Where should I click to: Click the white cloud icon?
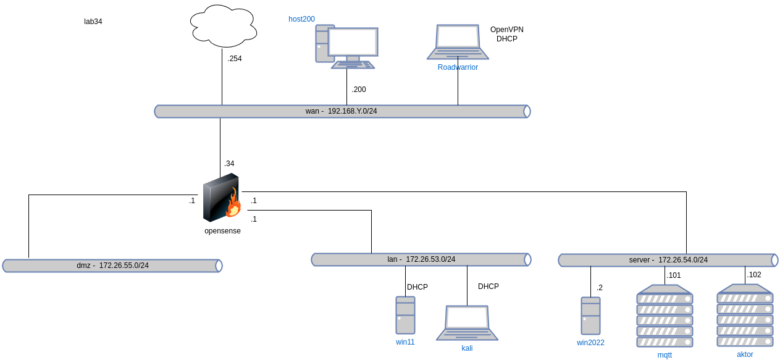(x=224, y=26)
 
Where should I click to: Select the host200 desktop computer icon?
(x=346, y=46)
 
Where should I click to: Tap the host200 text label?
(x=302, y=19)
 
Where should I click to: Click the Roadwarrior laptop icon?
(x=458, y=42)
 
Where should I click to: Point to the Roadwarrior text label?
(x=458, y=67)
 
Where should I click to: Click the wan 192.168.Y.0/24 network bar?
(x=342, y=111)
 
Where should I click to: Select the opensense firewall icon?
(x=222, y=198)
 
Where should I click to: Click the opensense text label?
(x=222, y=231)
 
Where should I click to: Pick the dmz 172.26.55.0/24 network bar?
(x=112, y=266)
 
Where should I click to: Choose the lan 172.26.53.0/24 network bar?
(x=421, y=259)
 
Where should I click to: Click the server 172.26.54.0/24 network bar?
(x=668, y=260)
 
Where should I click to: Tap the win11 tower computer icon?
(x=405, y=315)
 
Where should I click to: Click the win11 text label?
(x=405, y=341)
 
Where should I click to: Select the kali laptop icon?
(x=467, y=322)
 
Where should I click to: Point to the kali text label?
(x=467, y=348)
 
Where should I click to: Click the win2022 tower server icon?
(x=590, y=316)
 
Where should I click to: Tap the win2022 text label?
(x=590, y=343)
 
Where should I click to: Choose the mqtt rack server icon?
(x=665, y=316)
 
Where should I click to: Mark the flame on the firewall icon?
(x=233, y=204)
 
